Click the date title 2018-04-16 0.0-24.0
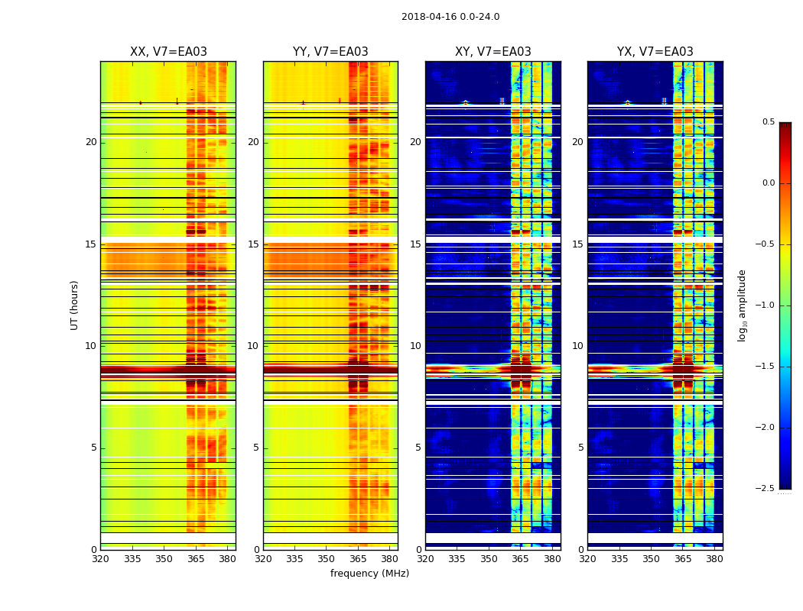450,17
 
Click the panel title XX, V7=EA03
168,52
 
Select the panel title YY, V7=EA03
330,52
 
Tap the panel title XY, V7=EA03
493,52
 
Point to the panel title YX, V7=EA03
655,52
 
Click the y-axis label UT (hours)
75,305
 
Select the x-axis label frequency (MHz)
369,574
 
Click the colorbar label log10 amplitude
742,305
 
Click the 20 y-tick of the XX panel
91,142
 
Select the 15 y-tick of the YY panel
253,244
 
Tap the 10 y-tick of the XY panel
415,346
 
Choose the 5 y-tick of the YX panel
580,448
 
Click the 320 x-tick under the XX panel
100,558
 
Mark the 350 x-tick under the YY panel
327,558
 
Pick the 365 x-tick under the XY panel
520,558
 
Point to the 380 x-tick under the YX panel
714,558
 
